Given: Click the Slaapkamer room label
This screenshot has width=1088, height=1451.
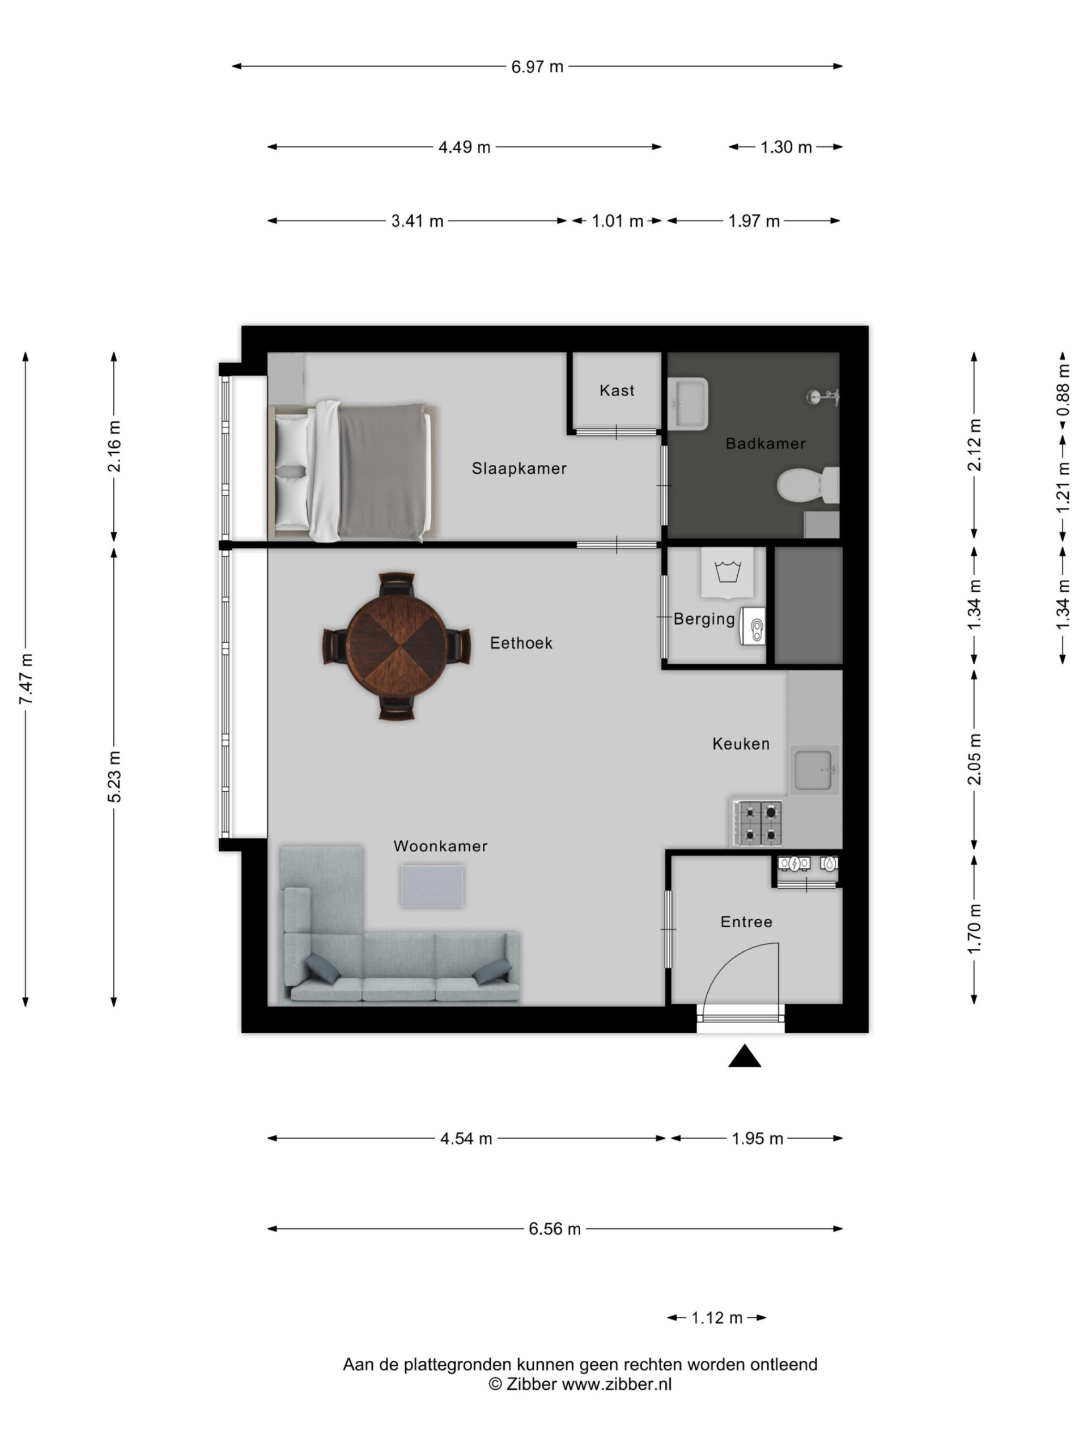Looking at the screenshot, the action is click(x=518, y=468).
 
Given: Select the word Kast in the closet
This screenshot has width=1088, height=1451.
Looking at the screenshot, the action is click(x=617, y=391).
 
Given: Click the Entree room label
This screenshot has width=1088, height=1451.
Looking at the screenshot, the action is click(x=746, y=922).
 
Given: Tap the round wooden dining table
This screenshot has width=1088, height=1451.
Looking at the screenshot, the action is click(x=396, y=646).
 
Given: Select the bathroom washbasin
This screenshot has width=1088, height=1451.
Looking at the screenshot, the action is click(x=688, y=404).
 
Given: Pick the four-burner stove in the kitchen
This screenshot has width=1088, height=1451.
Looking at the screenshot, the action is click(x=758, y=822).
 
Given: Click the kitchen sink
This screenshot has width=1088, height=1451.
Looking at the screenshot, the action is click(x=814, y=770).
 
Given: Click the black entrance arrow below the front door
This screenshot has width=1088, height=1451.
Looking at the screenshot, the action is click(x=745, y=1056).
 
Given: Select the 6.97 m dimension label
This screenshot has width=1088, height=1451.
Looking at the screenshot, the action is click(x=537, y=67).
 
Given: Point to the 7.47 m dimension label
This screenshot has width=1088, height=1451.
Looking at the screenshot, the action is click(x=26, y=679).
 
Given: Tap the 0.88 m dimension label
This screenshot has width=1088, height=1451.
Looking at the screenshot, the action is click(x=1063, y=389).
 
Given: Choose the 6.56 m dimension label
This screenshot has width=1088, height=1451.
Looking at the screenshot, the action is click(x=555, y=1229).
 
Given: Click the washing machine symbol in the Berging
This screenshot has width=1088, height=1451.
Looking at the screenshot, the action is click(x=727, y=572).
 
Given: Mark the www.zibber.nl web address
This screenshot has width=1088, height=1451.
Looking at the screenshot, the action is click(x=617, y=1384).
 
